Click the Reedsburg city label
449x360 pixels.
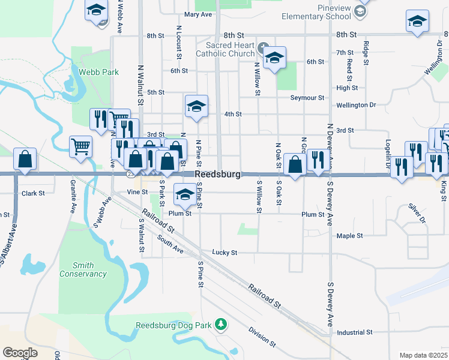pos(218,174)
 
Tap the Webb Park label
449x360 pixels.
pos(98,72)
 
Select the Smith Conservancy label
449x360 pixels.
pos(83,269)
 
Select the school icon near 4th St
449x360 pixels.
pos(196,106)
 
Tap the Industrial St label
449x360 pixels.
pos(355,332)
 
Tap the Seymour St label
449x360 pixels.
pos(307,97)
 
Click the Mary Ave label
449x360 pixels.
pos(199,14)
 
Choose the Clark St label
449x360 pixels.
pos(33,193)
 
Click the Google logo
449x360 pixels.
pos(20,353)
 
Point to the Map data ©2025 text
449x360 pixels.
pos(423,355)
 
